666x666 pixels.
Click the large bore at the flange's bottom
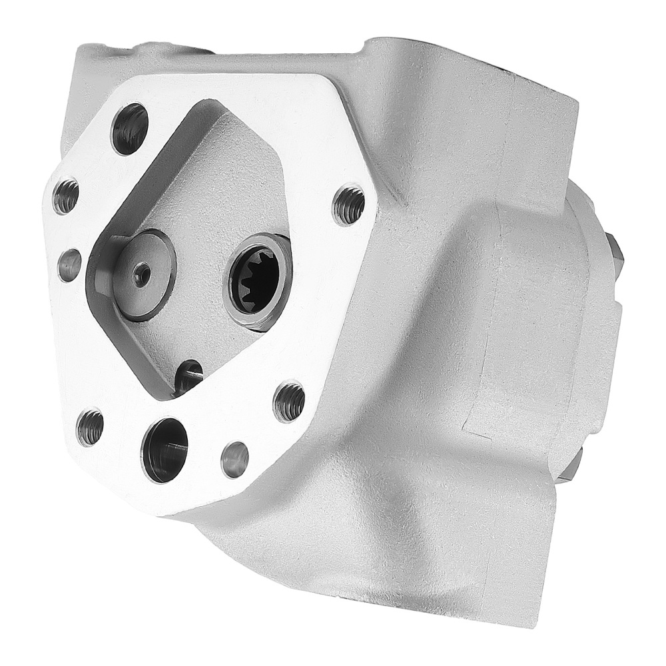[x=165, y=450]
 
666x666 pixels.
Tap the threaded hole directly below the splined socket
[x=289, y=402]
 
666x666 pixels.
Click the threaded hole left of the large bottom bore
[x=91, y=427]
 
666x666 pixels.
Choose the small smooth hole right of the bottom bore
[x=234, y=459]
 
